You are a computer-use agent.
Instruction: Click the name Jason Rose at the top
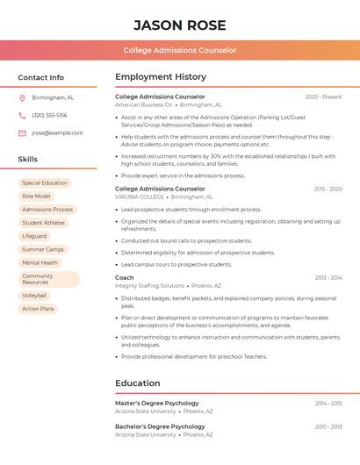[180, 25]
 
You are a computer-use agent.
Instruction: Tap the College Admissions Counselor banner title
[180, 50]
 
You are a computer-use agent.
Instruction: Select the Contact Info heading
[41, 77]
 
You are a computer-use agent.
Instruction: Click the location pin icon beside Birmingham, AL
[22, 97]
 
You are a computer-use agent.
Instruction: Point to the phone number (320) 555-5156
[49, 115]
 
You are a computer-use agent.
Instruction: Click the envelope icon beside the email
[22, 132]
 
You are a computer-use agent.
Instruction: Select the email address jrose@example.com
[57, 132]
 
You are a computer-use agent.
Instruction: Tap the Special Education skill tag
[45, 183]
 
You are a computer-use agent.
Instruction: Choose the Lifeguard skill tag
[34, 236]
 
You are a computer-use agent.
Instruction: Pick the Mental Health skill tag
[40, 262]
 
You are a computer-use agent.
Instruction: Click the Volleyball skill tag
[34, 296]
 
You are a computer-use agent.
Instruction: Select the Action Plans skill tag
[38, 309]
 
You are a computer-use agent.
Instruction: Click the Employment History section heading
[161, 77]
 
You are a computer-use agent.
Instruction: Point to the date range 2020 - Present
[323, 97]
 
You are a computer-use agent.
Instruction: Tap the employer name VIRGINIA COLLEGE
[140, 197]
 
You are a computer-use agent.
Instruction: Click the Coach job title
[125, 277]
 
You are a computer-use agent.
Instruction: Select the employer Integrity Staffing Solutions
[149, 285]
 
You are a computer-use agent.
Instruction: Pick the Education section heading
[138, 383]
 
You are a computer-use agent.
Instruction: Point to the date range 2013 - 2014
[328, 277]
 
